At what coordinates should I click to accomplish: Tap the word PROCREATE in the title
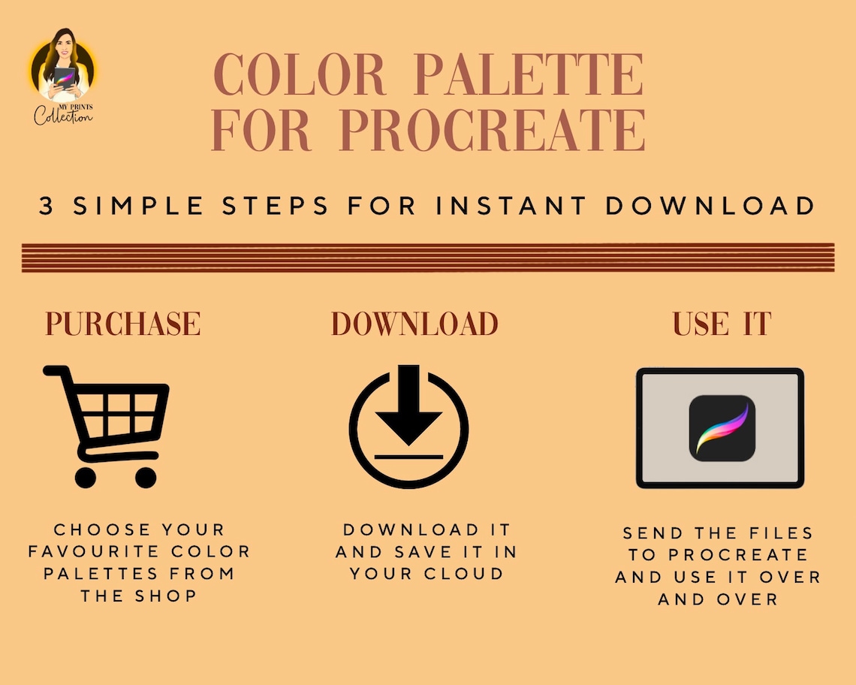493,130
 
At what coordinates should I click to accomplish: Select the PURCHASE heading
122,323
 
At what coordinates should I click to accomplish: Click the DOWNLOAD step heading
414,323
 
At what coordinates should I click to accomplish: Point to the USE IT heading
722,323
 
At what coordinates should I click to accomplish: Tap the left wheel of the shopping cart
86,476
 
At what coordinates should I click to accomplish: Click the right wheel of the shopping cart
145,476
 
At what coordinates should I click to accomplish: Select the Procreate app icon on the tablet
722,428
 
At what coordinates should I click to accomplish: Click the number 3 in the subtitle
47,207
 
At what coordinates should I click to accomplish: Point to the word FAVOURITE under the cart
85,551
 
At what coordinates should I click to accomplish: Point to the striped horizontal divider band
428,258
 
